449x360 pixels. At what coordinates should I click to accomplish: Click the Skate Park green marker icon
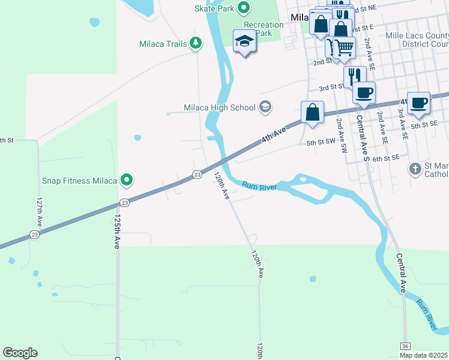point(244,8)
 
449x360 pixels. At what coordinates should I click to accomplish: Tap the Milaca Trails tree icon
point(195,43)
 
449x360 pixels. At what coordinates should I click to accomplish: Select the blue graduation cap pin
point(244,41)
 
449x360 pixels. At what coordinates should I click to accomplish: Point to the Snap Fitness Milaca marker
point(127,179)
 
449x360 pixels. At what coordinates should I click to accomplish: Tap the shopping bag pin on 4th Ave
point(312,112)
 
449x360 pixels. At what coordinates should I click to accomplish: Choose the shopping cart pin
point(344,46)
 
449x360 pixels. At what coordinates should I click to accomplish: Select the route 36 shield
point(406,346)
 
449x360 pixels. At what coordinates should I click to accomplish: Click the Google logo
point(20,353)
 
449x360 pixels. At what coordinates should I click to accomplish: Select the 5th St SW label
point(319,143)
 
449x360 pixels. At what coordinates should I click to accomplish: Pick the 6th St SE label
point(385,158)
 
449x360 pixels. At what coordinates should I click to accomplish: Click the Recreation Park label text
point(264,29)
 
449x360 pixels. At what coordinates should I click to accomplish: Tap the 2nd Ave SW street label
point(342,135)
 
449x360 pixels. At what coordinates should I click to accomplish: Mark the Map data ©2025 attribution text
point(424,355)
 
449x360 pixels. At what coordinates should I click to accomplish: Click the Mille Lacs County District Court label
point(417,40)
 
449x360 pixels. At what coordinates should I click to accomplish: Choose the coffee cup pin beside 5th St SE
point(418,103)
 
